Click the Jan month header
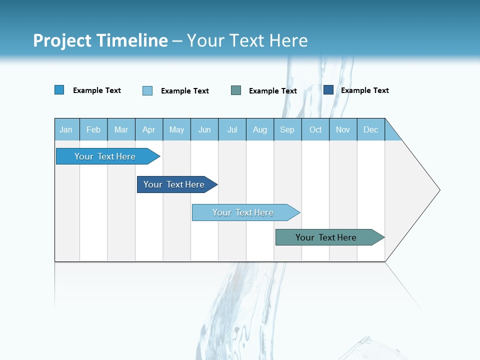(66, 129)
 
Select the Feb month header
(93, 129)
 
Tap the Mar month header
(121, 129)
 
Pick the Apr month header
(149, 129)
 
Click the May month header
(176, 129)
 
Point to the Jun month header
(204, 129)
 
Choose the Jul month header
(232, 129)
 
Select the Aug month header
(260, 129)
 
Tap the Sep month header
(287, 129)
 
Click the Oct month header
(315, 129)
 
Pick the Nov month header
(343, 129)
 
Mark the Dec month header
(371, 129)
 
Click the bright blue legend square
(59, 90)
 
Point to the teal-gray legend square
(236, 90)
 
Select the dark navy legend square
(328, 90)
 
